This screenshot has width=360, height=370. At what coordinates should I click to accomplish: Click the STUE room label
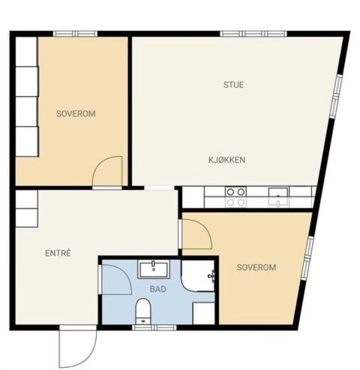point(233,85)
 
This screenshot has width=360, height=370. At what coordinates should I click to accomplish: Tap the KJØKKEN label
point(226,160)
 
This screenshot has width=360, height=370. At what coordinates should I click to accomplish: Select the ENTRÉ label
point(58,253)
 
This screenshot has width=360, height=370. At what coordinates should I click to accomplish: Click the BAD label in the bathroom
point(158,289)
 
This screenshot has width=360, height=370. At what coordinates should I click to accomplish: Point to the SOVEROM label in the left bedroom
point(76,114)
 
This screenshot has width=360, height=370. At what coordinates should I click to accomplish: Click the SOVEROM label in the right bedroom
point(256,267)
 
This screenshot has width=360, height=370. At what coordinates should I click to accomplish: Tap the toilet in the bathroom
point(142,311)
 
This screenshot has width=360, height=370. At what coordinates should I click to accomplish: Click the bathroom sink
point(154,269)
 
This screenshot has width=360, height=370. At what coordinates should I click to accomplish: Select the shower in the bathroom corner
point(197,276)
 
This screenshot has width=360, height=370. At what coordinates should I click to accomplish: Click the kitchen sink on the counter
point(278,197)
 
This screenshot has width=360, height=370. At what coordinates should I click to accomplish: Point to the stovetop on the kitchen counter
point(235,197)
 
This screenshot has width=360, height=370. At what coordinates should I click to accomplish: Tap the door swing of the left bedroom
point(107,171)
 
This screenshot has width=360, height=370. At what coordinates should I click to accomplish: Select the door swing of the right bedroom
point(197,233)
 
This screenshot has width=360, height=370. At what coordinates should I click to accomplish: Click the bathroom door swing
point(117,279)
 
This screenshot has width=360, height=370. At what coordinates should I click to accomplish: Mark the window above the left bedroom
point(75,34)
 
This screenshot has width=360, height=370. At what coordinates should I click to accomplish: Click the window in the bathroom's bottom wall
point(154,327)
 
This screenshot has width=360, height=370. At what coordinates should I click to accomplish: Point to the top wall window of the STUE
point(253,34)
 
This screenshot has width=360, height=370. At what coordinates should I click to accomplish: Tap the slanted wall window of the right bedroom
point(307,258)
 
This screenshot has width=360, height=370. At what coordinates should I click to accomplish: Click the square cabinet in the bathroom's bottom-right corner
point(204,313)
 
